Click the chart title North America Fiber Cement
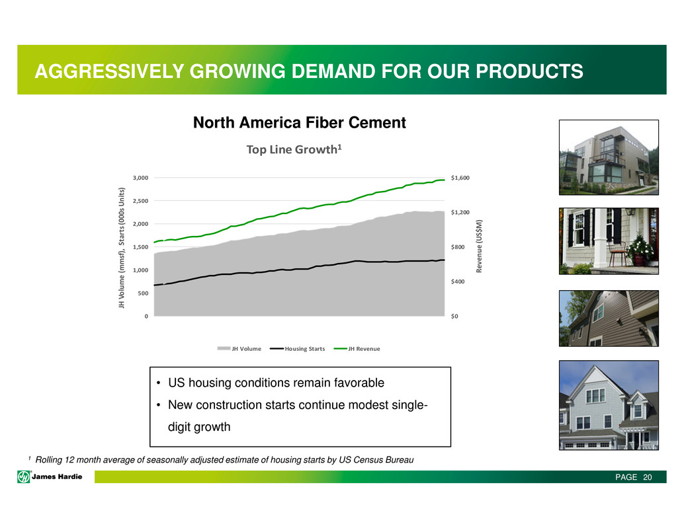[x=299, y=123]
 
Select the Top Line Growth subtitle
[x=294, y=149]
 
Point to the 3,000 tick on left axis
[x=140, y=178]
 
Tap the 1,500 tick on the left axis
[x=140, y=247]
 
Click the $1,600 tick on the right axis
[x=460, y=178]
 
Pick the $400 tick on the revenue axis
[x=458, y=282]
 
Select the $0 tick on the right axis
[x=454, y=317]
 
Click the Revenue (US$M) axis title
[x=479, y=246]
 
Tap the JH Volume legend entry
[x=239, y=348]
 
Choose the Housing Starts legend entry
[x=298, y=348]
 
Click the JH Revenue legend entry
[x=357, y=348]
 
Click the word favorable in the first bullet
[x=359, y=383]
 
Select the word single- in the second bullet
[x=409, y=405]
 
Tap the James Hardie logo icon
[x=24, y=476]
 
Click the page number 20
[x=648, y=477]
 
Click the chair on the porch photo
[x=617, y=252]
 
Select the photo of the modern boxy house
[x=609, y=157]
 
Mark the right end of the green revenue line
[x=445, y=180]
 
